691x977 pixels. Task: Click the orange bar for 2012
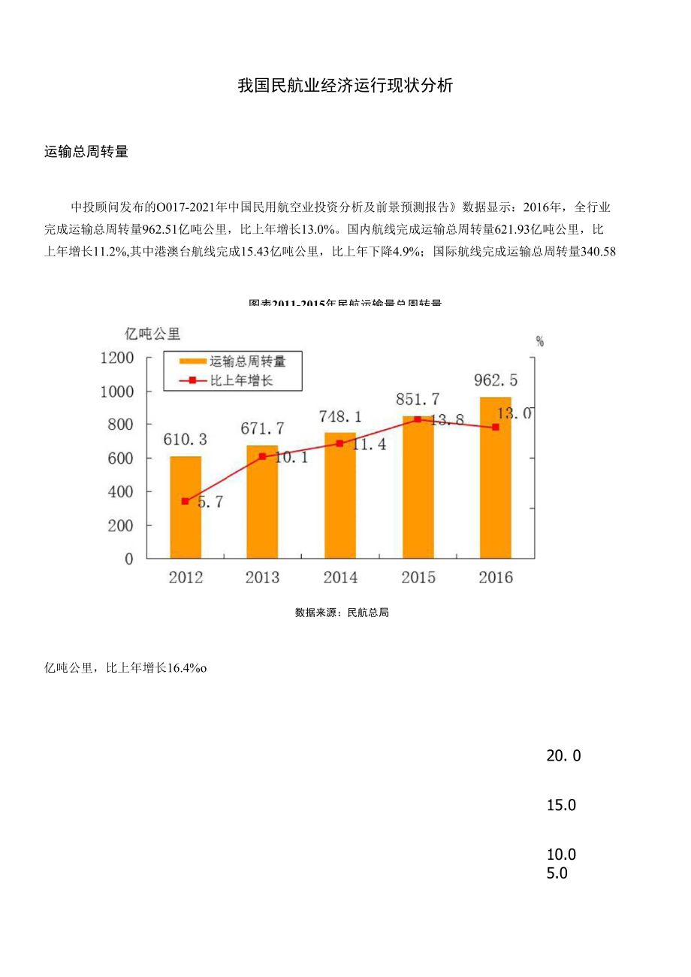tap(185, 507)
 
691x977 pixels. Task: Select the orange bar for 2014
tap(339, 496)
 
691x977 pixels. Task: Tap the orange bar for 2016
tap(495, 478)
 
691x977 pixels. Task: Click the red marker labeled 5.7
tap(185, 501)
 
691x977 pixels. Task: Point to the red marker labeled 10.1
tap(262, 456)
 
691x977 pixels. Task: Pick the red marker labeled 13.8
tap(418, 419)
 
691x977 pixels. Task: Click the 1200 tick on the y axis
tap(116, 358)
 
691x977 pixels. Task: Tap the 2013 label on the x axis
tap(262, 577)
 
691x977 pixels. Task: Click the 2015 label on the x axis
tap(418, 577)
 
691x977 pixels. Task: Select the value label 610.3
tap(185, 439)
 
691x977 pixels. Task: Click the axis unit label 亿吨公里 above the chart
tap(153, 333)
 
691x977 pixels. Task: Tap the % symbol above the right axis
tap(539, 341)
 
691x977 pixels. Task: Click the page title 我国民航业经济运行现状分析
tap(345, 86)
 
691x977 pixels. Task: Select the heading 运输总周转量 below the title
tap(86, 152)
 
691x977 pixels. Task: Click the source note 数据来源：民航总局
tap(342, 613)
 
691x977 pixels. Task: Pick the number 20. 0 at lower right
tap(563, 756)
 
